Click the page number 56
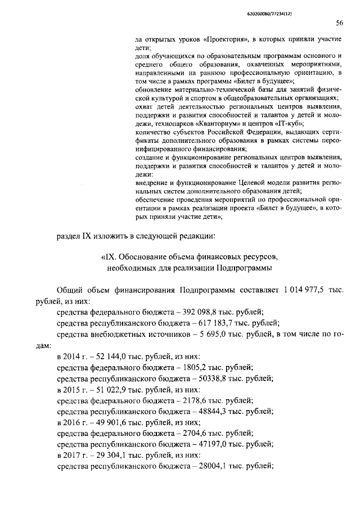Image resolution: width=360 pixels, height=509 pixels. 339,23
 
